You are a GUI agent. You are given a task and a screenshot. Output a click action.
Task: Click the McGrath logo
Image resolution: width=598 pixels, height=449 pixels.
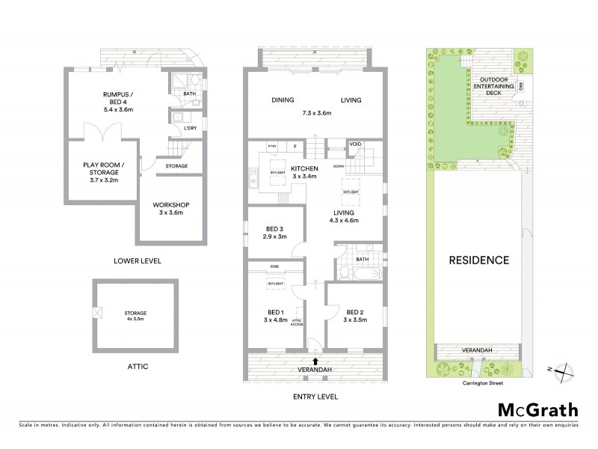[538, 409]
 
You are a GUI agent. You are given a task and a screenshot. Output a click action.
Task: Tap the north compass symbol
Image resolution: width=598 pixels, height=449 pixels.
[567, 368]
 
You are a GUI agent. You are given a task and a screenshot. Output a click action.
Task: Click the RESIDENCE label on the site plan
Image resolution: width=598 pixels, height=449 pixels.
[478, 260]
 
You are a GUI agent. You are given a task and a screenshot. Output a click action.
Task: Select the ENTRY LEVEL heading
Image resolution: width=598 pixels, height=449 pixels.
[314, 396]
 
